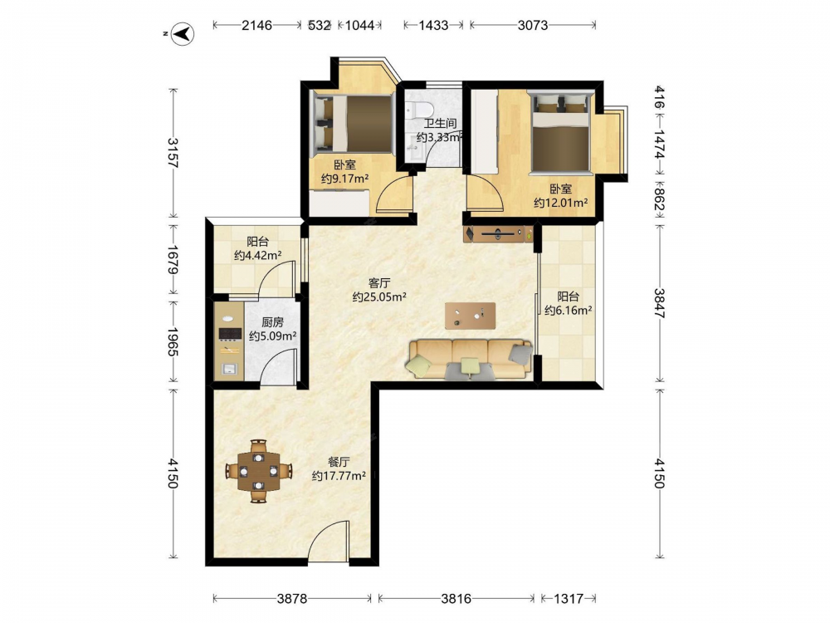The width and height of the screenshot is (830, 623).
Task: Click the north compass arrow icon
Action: click(x=183, y=34)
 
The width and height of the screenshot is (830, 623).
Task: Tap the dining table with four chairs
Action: click(x=258, y=471)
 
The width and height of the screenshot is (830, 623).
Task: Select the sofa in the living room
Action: click(x=469, y=360)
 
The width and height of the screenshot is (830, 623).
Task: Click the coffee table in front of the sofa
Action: click(x=470, y=316)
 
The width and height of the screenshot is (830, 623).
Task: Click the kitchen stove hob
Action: click(x=230, y=333)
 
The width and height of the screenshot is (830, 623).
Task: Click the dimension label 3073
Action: click(x=533, y=25)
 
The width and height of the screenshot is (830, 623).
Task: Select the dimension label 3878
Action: click(x=292, y=599)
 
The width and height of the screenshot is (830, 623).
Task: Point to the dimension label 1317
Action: click(x=568, y=599)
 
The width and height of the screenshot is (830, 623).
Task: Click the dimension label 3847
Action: click(x=659, y=302)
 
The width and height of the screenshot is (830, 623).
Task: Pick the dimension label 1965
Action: click(x=173, y=342)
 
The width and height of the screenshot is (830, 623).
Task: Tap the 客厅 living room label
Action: click(x=379, y=283)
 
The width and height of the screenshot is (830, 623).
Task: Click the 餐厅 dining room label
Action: click(x=339, y=462)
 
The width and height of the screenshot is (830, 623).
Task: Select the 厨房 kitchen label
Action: click(x=272, y=322)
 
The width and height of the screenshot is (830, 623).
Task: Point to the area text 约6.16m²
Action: click(x=568, y=311)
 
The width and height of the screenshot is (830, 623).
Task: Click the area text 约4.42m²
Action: click(x=258, y=255)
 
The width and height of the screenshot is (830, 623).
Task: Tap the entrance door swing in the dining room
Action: click(x=329, y=539)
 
